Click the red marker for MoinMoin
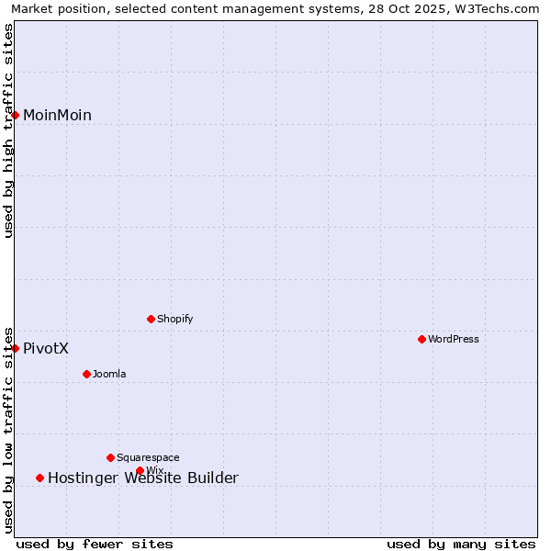point(16,115)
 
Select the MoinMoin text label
point(57,115)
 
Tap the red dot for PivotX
point(16,348)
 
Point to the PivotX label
point(46,349)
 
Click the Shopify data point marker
point(151,319)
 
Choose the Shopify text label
point(174,319)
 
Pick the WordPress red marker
point(422,339)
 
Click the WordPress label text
point(453,339)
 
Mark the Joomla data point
point(86,374)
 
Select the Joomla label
point(109,374)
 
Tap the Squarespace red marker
point(110,457)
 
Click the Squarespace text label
point(148,457)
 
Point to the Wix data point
point(140,470)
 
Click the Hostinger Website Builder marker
point(39,478)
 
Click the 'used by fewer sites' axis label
point(95,544)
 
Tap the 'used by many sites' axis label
point(461,544)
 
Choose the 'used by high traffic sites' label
point(9,130)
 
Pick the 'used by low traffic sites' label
point(9,429)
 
